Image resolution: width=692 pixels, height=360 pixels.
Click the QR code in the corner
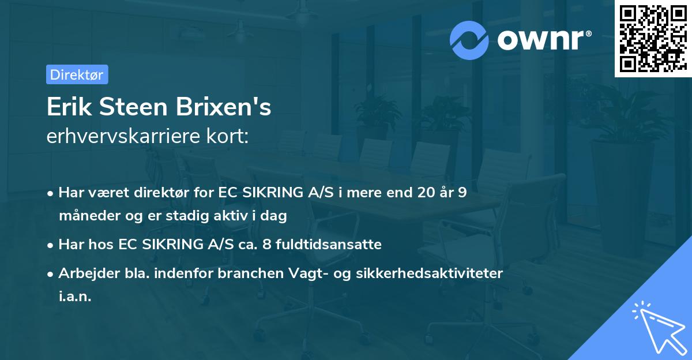[652, 38]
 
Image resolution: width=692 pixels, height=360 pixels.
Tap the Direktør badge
[77, 74]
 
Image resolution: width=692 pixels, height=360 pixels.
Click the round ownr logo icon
[469, 40]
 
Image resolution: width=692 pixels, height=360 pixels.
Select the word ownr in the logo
[543, 41]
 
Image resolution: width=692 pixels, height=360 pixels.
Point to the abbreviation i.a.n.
[75, 297]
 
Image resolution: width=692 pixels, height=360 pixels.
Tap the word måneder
[87, 216]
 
